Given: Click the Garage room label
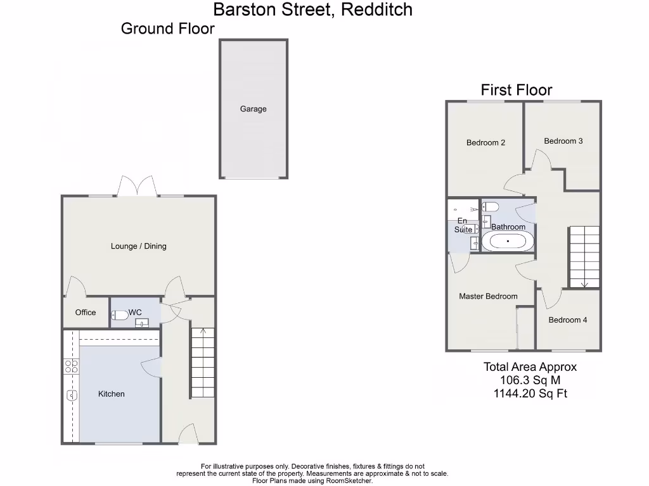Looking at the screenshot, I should tap(253, 109).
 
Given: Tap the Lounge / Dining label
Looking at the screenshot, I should tap(138, 246).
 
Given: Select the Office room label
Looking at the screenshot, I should tap(86, 312).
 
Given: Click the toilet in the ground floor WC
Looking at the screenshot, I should tap(120, 315).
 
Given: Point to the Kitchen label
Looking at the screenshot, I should tap(111, 394).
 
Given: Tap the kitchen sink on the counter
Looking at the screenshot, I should tap(71, 396).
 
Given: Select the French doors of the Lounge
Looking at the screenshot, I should tap(138, 186).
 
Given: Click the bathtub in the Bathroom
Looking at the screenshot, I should tap(508, 242).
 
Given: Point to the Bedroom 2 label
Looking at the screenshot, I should tap(485, 142).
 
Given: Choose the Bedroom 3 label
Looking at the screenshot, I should tap(563, 141).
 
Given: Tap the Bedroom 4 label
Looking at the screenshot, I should tap(567, 320).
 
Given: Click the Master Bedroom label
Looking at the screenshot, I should tap(488, 296).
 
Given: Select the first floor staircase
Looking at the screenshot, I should tap(583, 256).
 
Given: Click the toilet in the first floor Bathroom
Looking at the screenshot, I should tap(491, 206).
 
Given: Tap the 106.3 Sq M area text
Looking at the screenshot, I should tap(530, 380).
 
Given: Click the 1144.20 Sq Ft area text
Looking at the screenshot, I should tap(530, 394).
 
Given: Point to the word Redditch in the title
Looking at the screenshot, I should tap(377, 9).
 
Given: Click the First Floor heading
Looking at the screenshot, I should tap(517, 90).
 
